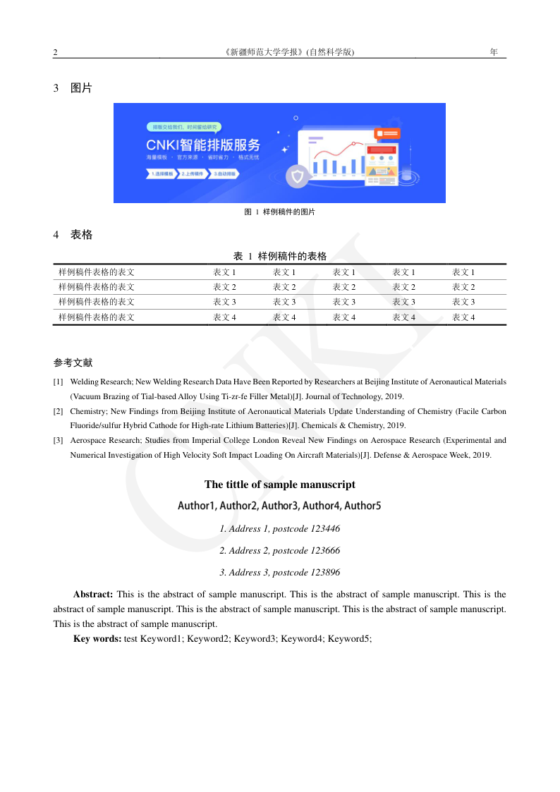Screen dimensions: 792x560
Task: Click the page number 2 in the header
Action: point(55,52)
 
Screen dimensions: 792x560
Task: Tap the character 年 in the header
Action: point(494,52)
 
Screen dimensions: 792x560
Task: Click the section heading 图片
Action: point(81,88)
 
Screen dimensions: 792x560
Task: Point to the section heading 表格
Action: point(81,235)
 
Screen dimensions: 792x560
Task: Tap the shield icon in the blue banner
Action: point(298,176)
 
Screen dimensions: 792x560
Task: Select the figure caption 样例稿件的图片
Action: point(288,212)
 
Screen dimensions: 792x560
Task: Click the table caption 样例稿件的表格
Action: point(292,256)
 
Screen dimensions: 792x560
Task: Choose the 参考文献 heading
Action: point(73,363)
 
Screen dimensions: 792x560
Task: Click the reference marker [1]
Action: point(59,382)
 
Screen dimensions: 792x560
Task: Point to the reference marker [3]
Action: point(59,441)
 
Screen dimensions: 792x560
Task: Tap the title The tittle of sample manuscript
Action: point(280,485)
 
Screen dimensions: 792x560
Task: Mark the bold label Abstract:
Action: point(93,595)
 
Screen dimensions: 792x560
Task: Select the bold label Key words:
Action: point(97,639)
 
